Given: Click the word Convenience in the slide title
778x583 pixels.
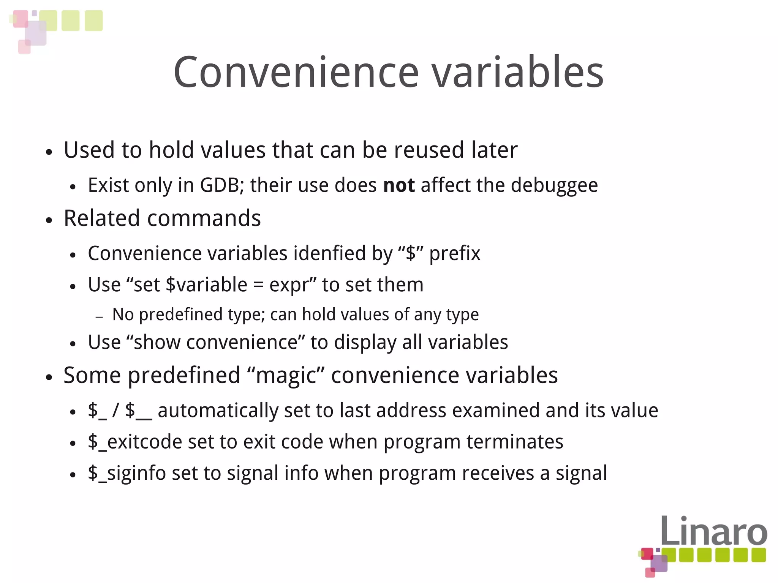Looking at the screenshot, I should (x=296, y=72).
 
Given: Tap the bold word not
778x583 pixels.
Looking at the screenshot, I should (x=399, y=185).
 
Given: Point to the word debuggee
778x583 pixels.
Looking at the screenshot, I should (x=554, y=186).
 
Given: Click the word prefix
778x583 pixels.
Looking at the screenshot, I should (x=454, y=254).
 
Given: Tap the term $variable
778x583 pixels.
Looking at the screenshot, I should (x=207, y=285).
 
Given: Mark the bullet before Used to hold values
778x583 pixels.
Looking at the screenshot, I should (x=49, y=152).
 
